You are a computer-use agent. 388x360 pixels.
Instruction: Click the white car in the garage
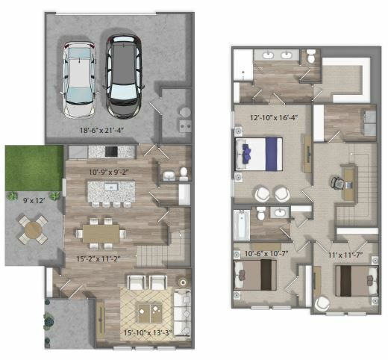pyautogui.click(x=79, y=80)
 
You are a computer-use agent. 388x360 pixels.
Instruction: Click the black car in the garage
pyautogui.click(x=124, y=76)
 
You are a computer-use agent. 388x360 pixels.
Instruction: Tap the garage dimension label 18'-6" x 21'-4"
pyautogui.click(x=102, y=130)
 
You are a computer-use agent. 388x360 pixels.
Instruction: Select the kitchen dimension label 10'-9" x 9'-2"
pyautogui.click(x=109, y=172)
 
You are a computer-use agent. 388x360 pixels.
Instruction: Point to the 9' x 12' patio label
pyautogui.click(x=34, y=200)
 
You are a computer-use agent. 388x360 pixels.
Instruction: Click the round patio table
pyautogui.click(x=33, y=229)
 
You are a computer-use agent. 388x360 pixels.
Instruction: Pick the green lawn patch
pyautogui.click(x=34, y=168)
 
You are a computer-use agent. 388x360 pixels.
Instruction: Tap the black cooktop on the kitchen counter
pyautogui.click(x=111, y=152)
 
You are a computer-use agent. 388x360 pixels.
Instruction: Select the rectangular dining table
pyautogui.click(x=101, y=234)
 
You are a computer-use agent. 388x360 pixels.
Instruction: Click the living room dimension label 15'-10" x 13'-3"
pyautogui.click(x=148, y=332)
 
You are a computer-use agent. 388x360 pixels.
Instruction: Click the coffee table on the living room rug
pyautogui.click(x=150, y=314)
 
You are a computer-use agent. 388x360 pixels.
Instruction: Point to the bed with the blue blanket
pyautogui.click(x=259, y=154)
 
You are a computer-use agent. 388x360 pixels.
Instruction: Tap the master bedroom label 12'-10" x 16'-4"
pyautogui.click(x=274, y=117)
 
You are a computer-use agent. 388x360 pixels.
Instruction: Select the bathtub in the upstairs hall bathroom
pyautogui.click(x=242, y=226)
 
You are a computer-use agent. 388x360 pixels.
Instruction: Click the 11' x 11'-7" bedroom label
pyautogui.click(x=345, y=255)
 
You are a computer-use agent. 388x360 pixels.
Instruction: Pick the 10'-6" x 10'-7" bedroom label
pyautogui.click(x=266, y=254)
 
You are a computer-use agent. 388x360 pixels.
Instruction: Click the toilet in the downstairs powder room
pyautogui.click(x=184, y=173)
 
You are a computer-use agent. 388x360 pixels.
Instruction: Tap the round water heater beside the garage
pyautogui.click(x=185, y=112)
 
